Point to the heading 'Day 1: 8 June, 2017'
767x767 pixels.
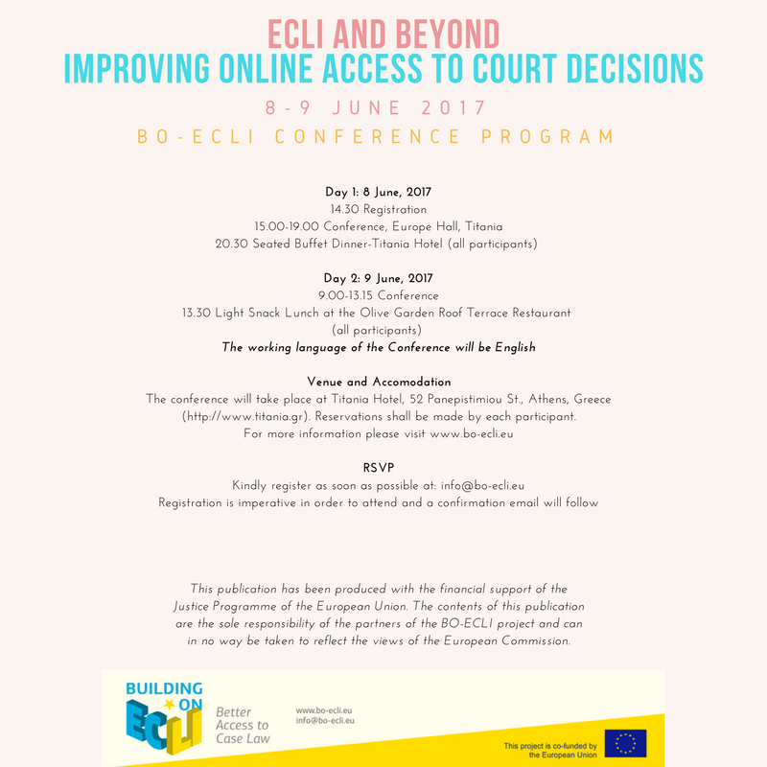point(383,192)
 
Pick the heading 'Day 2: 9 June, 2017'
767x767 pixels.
point(383,278)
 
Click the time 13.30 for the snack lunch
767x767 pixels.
point(198,313)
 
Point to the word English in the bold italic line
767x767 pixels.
point(513,347)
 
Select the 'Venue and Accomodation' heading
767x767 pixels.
point(383,382)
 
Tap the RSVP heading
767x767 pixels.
point(383,468)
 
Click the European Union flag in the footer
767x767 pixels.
point(624,743)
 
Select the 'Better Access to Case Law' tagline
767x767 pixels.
point(243,726)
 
